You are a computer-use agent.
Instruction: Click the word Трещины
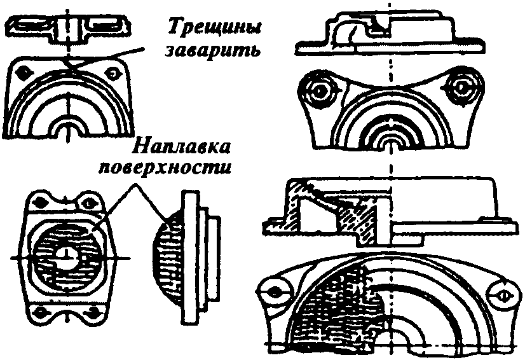214,27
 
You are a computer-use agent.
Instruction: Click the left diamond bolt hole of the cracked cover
25,73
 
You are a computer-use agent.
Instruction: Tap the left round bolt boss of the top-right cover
319,90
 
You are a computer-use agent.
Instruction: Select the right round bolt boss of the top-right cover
462,87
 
